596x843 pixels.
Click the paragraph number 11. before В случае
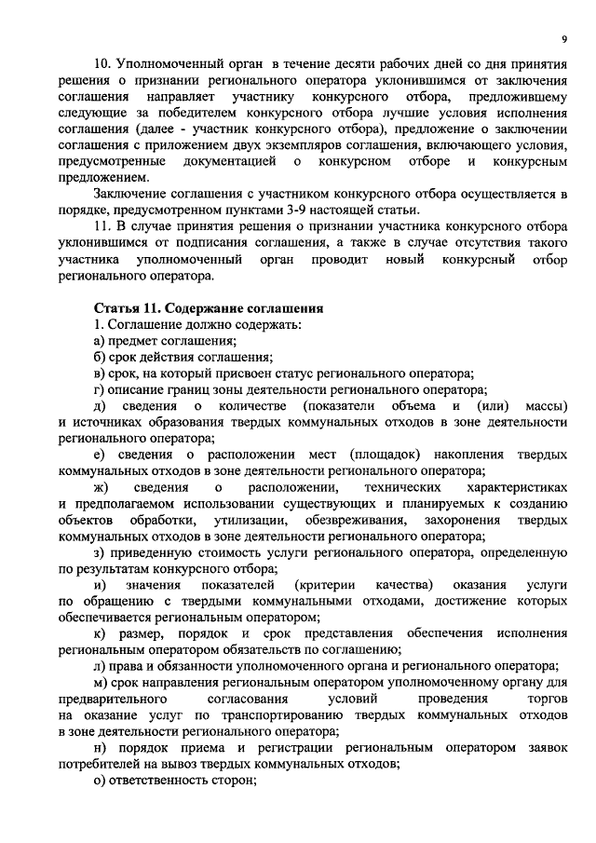[103, 225]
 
